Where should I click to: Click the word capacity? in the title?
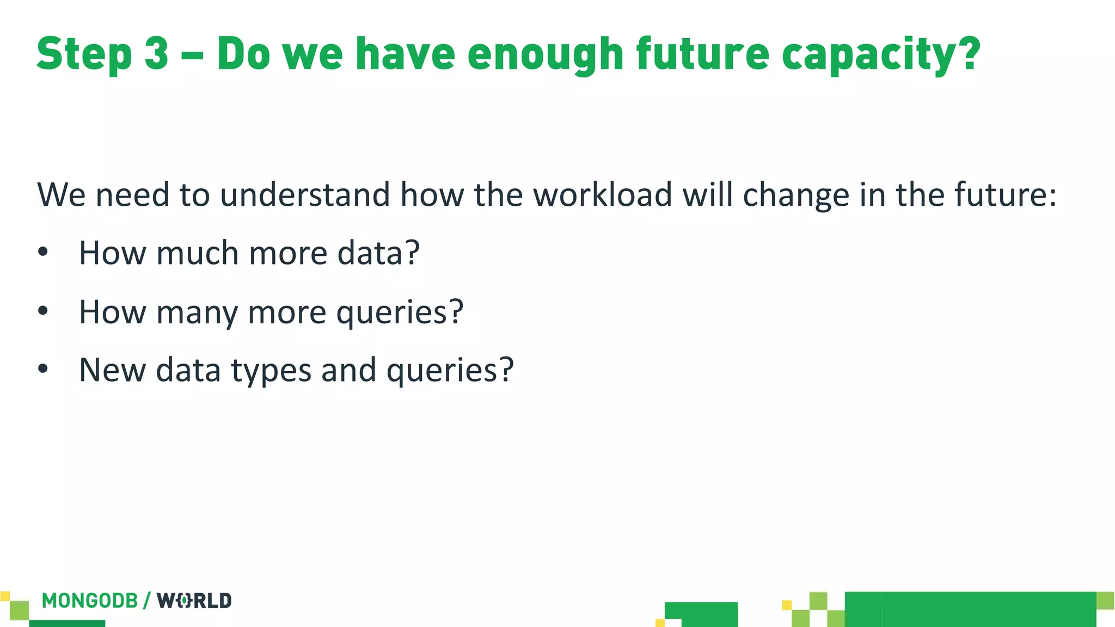click(881, 54)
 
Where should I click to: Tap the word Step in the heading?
click(84, 54)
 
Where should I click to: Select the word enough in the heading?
click(545, 54)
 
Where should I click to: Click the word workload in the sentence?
click(603, 194)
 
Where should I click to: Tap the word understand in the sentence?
click(305, 194)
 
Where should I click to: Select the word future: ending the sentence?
click(1005, 194)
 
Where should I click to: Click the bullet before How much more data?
click(43, 253)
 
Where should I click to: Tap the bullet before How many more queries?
click(43, 311)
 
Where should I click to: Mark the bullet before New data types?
click(43, 369)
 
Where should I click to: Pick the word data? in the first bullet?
click(378, 253)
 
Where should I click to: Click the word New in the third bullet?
click(112, 370)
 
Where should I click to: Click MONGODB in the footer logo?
click(90, 601)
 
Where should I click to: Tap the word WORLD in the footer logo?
click(194, 601)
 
